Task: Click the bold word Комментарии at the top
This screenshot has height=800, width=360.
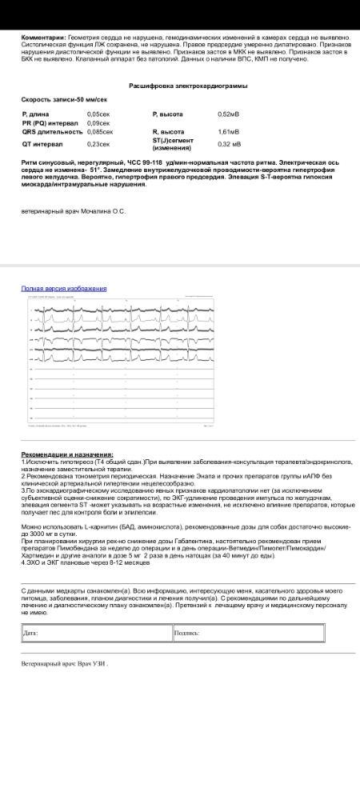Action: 43,38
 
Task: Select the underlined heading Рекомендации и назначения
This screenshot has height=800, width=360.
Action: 67,454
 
